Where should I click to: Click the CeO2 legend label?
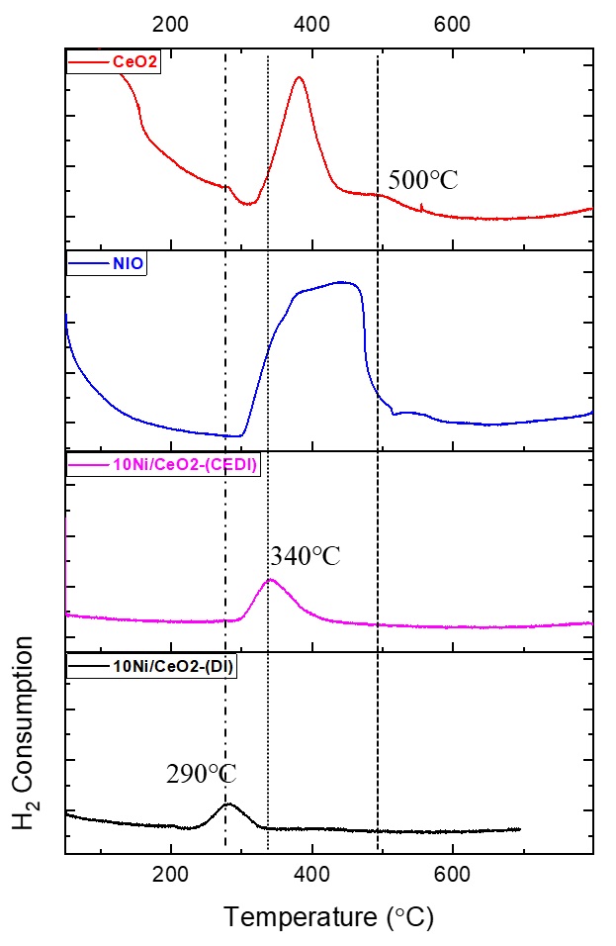(x=138, y=63)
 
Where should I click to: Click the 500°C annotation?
(x=423, y=180)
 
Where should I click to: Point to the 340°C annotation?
(x=304, y=556)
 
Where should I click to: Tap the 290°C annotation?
(x=201, y=773)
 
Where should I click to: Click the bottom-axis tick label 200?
(x=171, y=875)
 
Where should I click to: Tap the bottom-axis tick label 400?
(x=312, y=875)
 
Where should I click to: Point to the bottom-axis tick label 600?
(x=453, y=875)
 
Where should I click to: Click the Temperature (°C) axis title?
(x=328, y=917)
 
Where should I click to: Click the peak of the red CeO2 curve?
(x=299, y=77)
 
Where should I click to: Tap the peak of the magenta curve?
(x=271, y=580)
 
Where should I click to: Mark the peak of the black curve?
(x=228, y=804)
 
